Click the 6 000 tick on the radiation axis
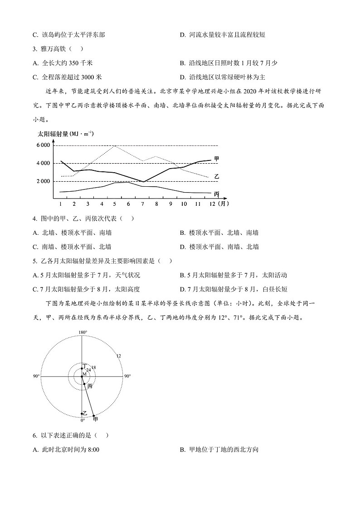coord(44,145)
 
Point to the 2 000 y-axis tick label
coord(44,181)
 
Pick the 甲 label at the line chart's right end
coord(217,159)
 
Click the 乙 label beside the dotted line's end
coord(216,176)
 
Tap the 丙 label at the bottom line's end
coord(216,194)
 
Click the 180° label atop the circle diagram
coord(83,332)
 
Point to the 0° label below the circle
coord(83,420)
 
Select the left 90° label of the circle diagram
coord(36,376)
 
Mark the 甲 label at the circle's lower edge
coord(95,419)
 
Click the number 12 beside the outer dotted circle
coord(118,356)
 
